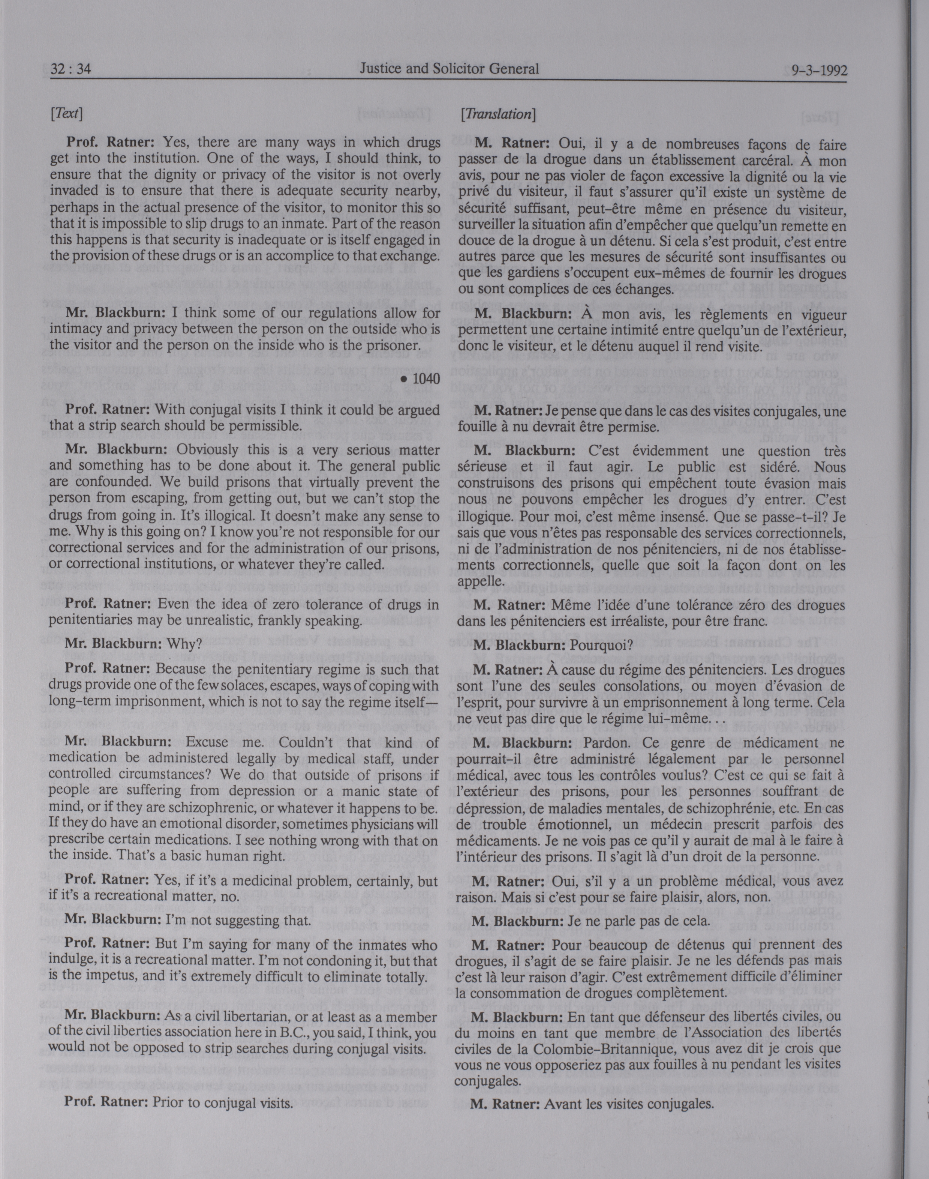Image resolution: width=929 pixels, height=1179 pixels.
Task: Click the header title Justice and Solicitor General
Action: click(449, 69)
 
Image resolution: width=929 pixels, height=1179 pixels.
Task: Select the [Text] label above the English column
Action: click(66, 114)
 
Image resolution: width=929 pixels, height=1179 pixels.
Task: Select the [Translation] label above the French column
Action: click(498, 114)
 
